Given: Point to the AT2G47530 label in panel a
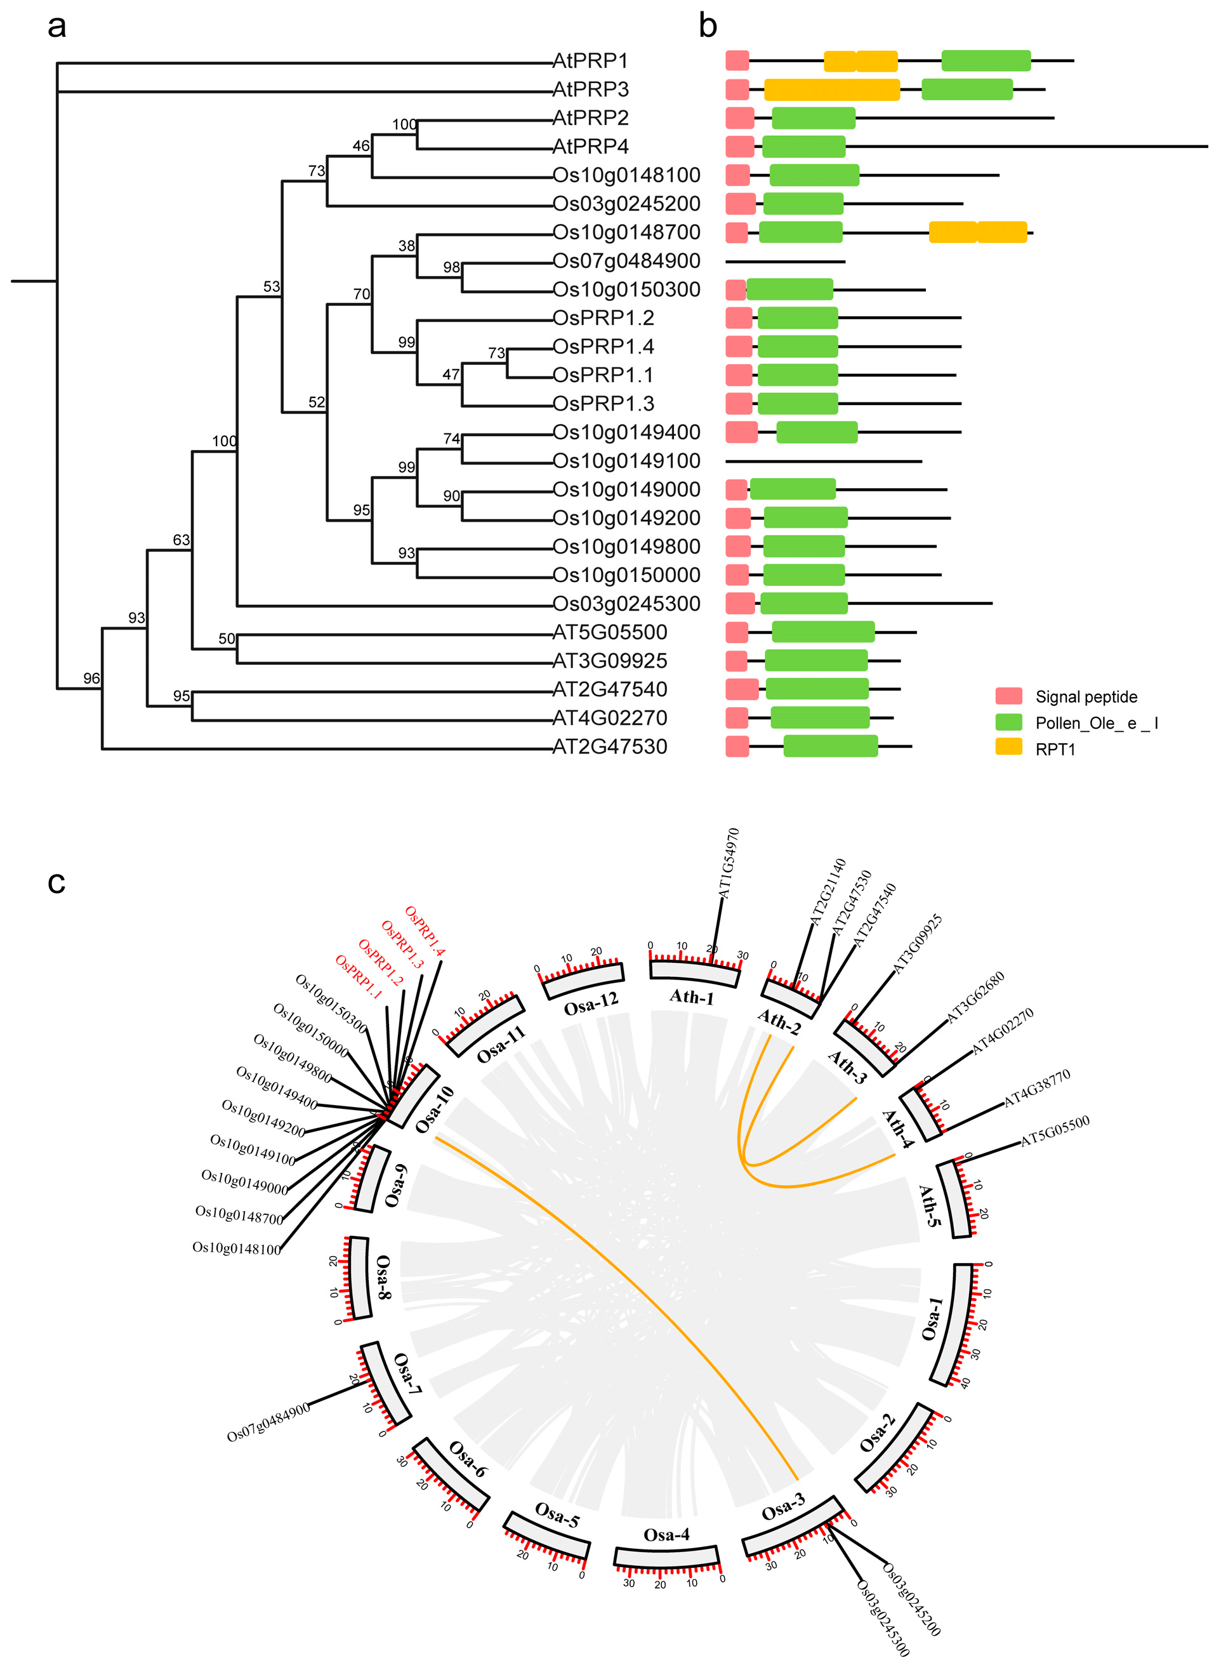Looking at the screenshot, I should click(x=610, y=746).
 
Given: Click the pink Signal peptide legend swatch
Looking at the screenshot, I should click(x=1008, y=696).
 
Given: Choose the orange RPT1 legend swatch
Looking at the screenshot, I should click(x=1008, y=746).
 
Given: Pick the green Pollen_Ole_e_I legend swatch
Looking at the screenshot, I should click(x=1008, y=722).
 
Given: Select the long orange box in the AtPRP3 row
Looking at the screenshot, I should click(x=831, y=89).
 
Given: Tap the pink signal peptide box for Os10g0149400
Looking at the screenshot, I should click(x=741, y=432).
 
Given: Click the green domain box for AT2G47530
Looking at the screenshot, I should click(x=830, y=746).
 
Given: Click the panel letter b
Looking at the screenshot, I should click(x=708, y=27).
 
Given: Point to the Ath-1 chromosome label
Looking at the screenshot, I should click(x=692, y=997).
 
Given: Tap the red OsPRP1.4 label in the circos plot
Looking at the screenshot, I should click(x=425, y=931).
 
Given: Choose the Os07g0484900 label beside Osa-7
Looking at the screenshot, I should click(x=268, y=1422).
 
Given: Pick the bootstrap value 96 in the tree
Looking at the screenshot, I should click(x=91, y=679).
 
